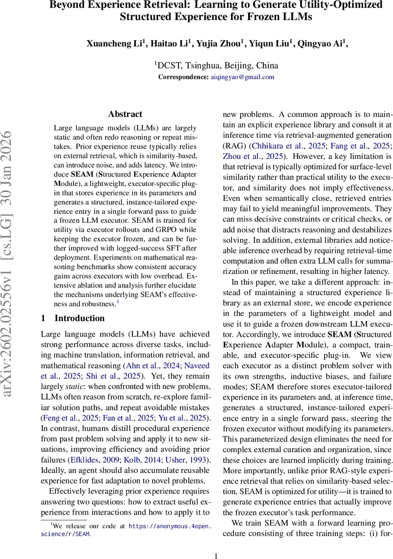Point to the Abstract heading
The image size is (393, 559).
coord(125,114)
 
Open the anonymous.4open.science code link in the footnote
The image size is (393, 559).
coord(170,526)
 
